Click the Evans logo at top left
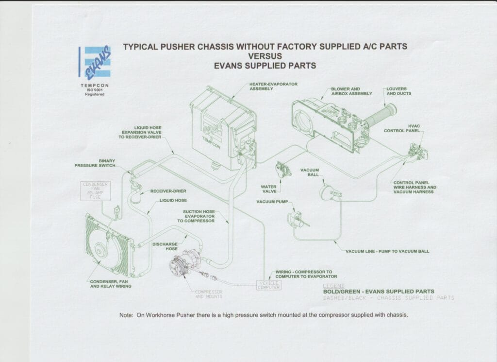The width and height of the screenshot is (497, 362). click(x=95, y=62)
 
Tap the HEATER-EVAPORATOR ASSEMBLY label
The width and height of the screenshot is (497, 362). click(x=273, y=86)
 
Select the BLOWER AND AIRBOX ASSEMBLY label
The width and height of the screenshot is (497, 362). click(x=351, y=91)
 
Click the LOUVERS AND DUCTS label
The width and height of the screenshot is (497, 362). click(x=398, y=91)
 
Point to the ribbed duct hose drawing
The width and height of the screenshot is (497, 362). click(x=381, y=117)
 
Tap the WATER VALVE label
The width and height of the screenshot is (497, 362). click(x=268, y=189)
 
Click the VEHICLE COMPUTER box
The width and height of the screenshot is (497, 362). click(x=268, y=285)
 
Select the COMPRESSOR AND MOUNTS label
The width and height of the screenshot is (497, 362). click(x=209, y=294)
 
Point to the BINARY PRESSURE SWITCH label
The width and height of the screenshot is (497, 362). click(x=95, y=163)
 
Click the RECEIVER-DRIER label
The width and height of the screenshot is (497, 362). click(x=168, y=191)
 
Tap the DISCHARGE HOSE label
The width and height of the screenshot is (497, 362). click(x=165, y=246)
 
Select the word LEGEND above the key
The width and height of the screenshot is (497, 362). click(x=333, y=286)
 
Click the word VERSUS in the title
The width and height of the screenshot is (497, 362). click(x=265, y=56)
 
